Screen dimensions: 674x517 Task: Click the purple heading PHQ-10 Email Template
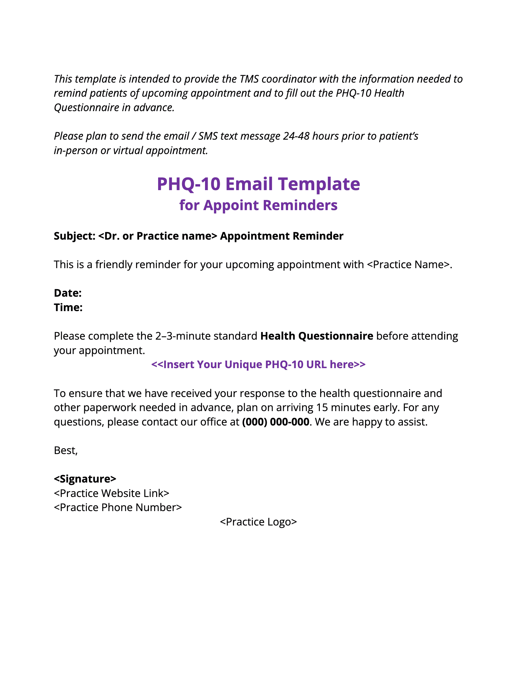[x=258, y=184]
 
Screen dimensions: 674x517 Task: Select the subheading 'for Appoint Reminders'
[x=258, y=206]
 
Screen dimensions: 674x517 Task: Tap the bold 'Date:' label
[x=68, y=293]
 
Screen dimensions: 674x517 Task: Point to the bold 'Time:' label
[x=68, y=307]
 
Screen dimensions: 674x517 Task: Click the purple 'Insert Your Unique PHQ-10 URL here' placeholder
[x=258, y=365]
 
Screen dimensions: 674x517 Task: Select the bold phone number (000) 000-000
[x=276, y=422]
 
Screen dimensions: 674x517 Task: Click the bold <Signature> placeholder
[x=85, y=479]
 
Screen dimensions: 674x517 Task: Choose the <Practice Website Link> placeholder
[x=112, y=493]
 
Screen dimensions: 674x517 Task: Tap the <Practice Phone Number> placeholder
[x=118, y=507]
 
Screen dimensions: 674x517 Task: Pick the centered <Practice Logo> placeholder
[x=258, y=522]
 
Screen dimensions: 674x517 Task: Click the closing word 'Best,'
[x=66, y=451]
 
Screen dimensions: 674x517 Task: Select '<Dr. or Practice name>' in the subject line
[x=158, y=236]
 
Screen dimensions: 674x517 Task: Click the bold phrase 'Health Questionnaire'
[x=317, y=336]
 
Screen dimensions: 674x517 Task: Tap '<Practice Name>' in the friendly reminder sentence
[x=408, y=265]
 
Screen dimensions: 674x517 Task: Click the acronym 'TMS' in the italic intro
[x=249, y=79]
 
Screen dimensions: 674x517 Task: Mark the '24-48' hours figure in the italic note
[x=296, y=136]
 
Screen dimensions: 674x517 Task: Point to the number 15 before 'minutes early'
[x=322, y=407]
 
